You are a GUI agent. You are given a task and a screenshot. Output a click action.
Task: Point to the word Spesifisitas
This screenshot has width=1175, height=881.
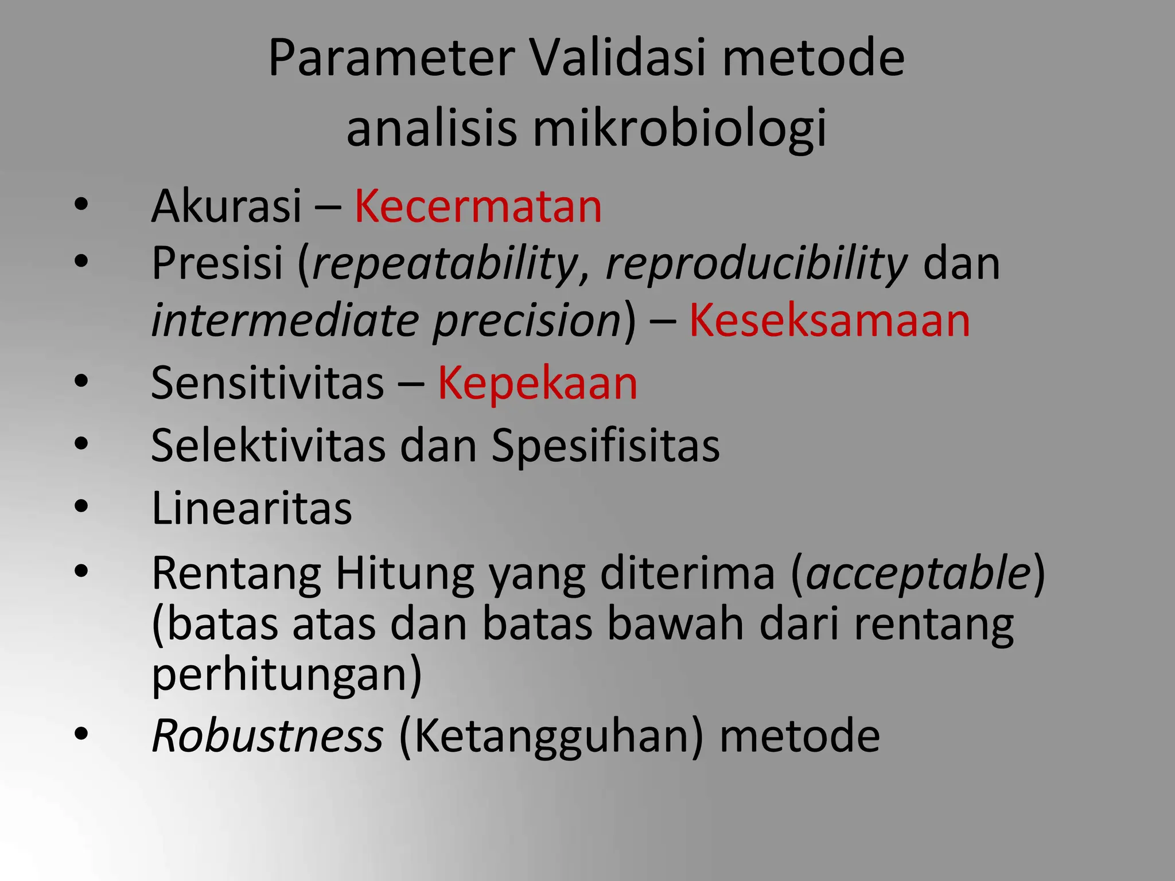pyautogui.click(x=605, y=446)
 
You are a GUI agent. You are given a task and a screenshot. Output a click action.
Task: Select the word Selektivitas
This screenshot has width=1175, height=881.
pyautogui.click(x=268, y=446)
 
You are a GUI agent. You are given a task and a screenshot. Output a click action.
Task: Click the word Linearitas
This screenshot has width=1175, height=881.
pyautogui.click(x=251, y=508)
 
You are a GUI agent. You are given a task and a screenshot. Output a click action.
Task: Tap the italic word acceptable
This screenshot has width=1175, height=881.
pyautogui.click(x=918, y=573)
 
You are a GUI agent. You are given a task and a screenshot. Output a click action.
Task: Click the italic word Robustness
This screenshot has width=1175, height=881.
pyautogui.click(x=267, y=736)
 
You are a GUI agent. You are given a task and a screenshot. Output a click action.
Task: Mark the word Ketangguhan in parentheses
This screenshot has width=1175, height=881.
pyautogui.click(x=550, y=736)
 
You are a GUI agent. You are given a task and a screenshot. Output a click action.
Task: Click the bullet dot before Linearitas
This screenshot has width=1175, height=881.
pyautogui.click(x=81, y=506)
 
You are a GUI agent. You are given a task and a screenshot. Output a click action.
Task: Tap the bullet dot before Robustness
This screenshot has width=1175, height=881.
pyautogui.click(x=81, y=734)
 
